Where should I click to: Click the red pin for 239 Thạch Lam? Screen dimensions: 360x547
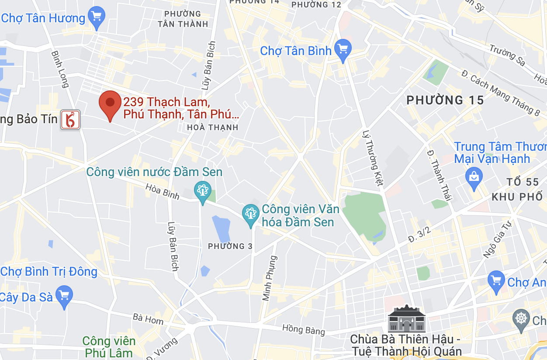coord(110,103)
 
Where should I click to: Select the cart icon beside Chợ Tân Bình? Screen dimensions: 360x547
coord(343,49)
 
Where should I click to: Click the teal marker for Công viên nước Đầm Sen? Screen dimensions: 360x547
coord(202,190)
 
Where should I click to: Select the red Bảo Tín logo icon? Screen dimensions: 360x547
coord(70,120)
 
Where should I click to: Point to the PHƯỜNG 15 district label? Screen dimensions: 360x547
coord(445,100)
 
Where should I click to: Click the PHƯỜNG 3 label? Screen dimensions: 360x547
coord(230,246)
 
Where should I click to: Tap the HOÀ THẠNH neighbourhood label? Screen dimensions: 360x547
coord(212,128)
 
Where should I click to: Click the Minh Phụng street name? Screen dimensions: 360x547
coord(270,278)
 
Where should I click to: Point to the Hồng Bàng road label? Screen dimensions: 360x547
coord(304,329)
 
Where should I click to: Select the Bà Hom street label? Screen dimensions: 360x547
coord(148,319)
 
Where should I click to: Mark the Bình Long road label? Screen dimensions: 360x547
coord(60,69)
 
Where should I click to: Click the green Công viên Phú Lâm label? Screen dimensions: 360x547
coord(109,346)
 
